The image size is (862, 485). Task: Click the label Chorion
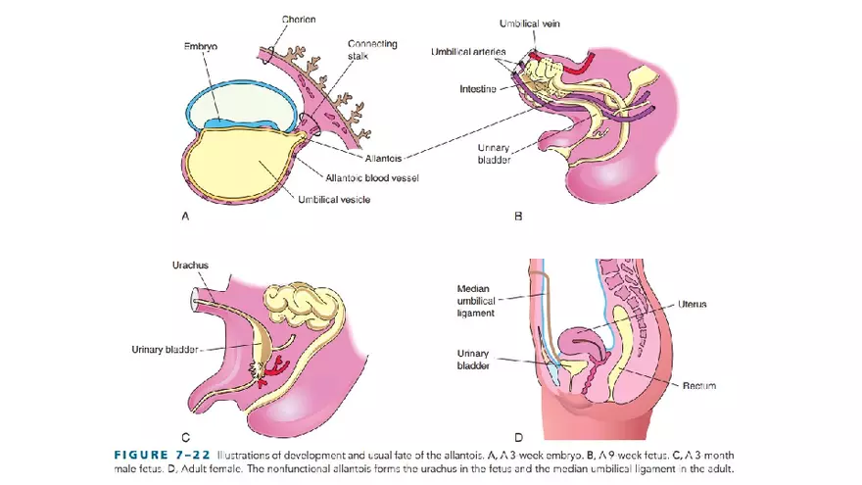299,19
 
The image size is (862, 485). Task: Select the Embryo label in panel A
201,47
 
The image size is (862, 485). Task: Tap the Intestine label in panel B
478,89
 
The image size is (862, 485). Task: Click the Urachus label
190,265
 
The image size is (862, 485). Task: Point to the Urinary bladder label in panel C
167,349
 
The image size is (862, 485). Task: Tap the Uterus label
692,305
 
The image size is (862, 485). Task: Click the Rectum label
698,386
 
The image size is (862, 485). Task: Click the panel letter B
518,218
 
